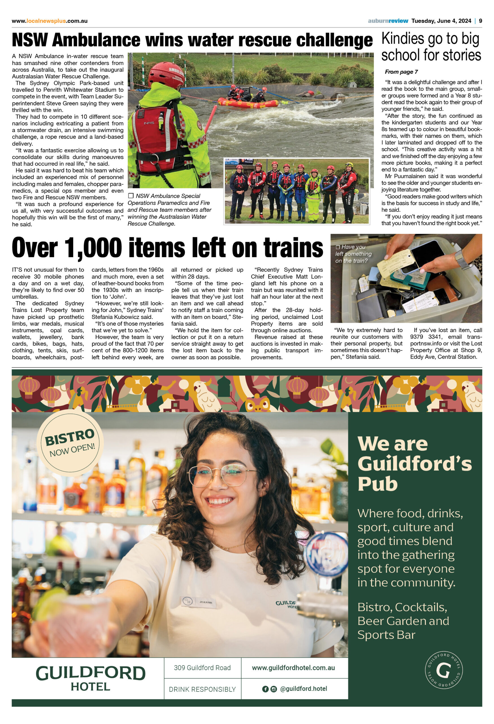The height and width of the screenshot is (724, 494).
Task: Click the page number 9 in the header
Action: coord(480,21)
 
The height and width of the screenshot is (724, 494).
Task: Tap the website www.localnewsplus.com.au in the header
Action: coord(49,21)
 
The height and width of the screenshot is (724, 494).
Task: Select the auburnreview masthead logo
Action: coord(387,21)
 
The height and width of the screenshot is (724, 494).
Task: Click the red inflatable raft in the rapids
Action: coord(248,102)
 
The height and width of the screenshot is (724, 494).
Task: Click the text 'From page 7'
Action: coord(401,72)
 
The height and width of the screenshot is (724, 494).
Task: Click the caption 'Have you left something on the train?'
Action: coord(353,254)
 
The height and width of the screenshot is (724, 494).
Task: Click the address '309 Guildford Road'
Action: coord(202,668)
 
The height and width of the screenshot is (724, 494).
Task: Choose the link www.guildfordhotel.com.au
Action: coord(293,668)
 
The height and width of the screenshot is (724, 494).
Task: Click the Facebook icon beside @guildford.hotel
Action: coord(265,689)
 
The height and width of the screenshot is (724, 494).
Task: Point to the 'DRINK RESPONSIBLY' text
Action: coord(202,689)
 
